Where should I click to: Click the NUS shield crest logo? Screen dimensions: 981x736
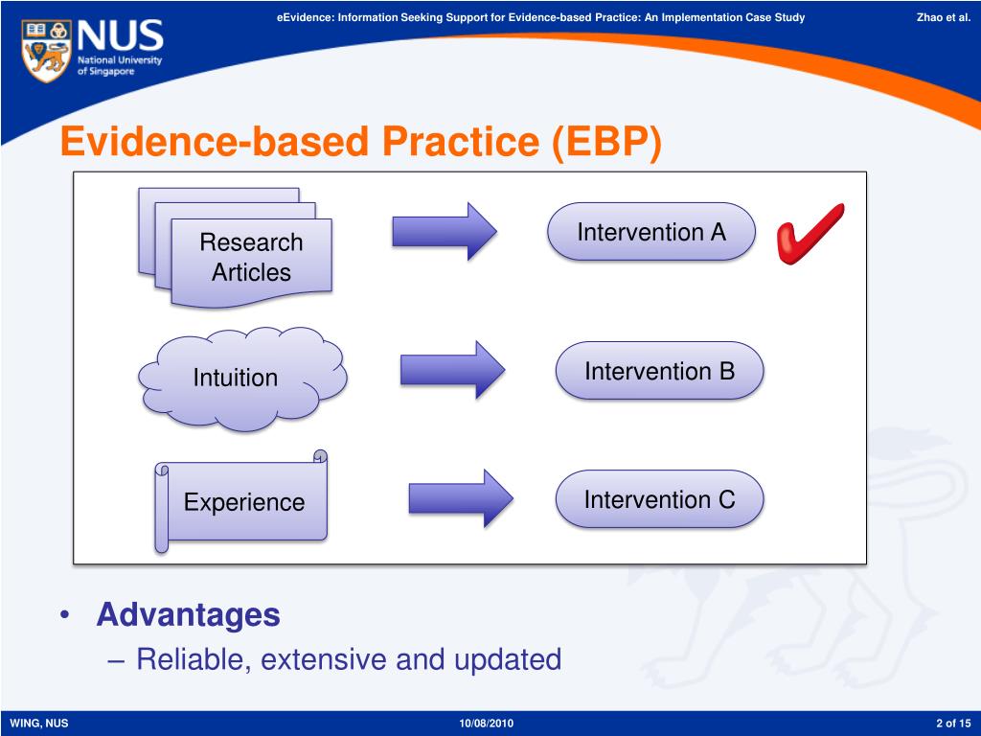click(46, 50)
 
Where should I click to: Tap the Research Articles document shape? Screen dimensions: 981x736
click(236, 248)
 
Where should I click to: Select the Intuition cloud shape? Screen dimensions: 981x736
click(242, 379)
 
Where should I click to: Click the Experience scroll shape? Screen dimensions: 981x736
click(241, 502)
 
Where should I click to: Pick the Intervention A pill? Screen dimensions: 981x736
click(651, 232)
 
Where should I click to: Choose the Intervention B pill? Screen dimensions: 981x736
click(659, 371)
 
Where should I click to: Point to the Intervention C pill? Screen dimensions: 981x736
click(659, 499)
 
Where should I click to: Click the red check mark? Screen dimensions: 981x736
click(810, 234)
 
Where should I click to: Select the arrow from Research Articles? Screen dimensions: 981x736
click(445, 232)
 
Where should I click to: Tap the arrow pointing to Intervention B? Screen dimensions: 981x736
click(453, 370)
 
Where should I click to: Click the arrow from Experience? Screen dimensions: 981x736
click(461, 498)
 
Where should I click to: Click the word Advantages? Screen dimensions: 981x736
click(189, 614)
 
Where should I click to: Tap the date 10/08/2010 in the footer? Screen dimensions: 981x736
click(486, 724)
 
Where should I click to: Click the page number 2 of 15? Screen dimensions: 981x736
click(953, 724)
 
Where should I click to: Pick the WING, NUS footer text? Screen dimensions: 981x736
click(38, 724)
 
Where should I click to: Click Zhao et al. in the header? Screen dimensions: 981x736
click(944, 17)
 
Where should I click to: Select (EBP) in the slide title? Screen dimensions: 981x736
click(606, 142)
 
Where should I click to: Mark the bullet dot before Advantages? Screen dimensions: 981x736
click(64, 615)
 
